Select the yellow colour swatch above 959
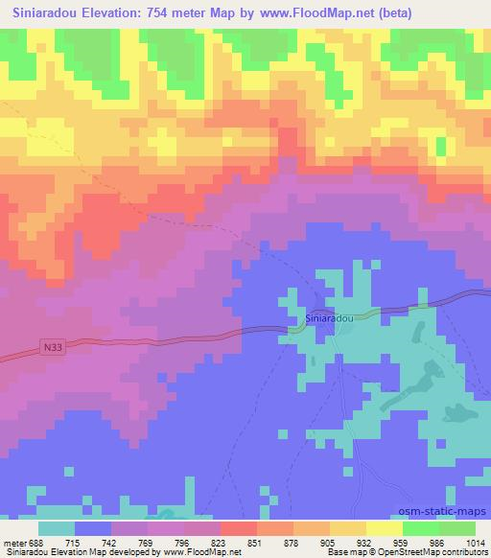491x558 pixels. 384,528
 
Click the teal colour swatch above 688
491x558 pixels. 57,528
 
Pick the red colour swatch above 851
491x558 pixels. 239,528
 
